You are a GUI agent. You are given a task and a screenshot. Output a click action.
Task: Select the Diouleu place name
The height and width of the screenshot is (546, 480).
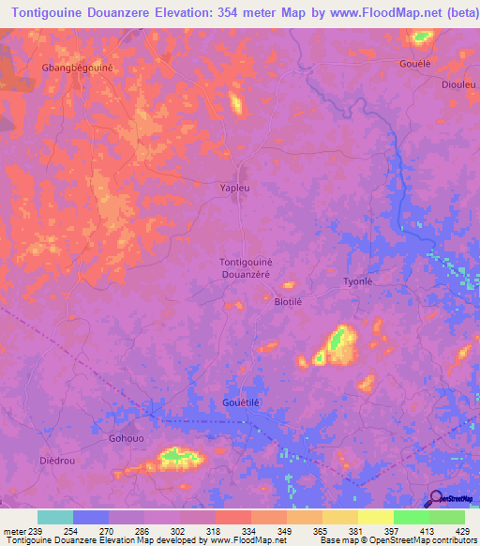(x=459, y=83)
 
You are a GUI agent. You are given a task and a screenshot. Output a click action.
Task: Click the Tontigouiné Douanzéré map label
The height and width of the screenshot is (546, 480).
(x=246, y=267)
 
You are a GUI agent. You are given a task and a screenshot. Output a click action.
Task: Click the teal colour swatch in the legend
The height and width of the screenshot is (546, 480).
(x=55, y=517)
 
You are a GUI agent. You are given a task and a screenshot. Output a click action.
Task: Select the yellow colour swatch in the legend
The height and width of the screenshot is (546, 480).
(x=375, y=517)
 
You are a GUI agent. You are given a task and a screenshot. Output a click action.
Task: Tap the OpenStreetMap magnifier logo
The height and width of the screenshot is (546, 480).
(x=435, y=498)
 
